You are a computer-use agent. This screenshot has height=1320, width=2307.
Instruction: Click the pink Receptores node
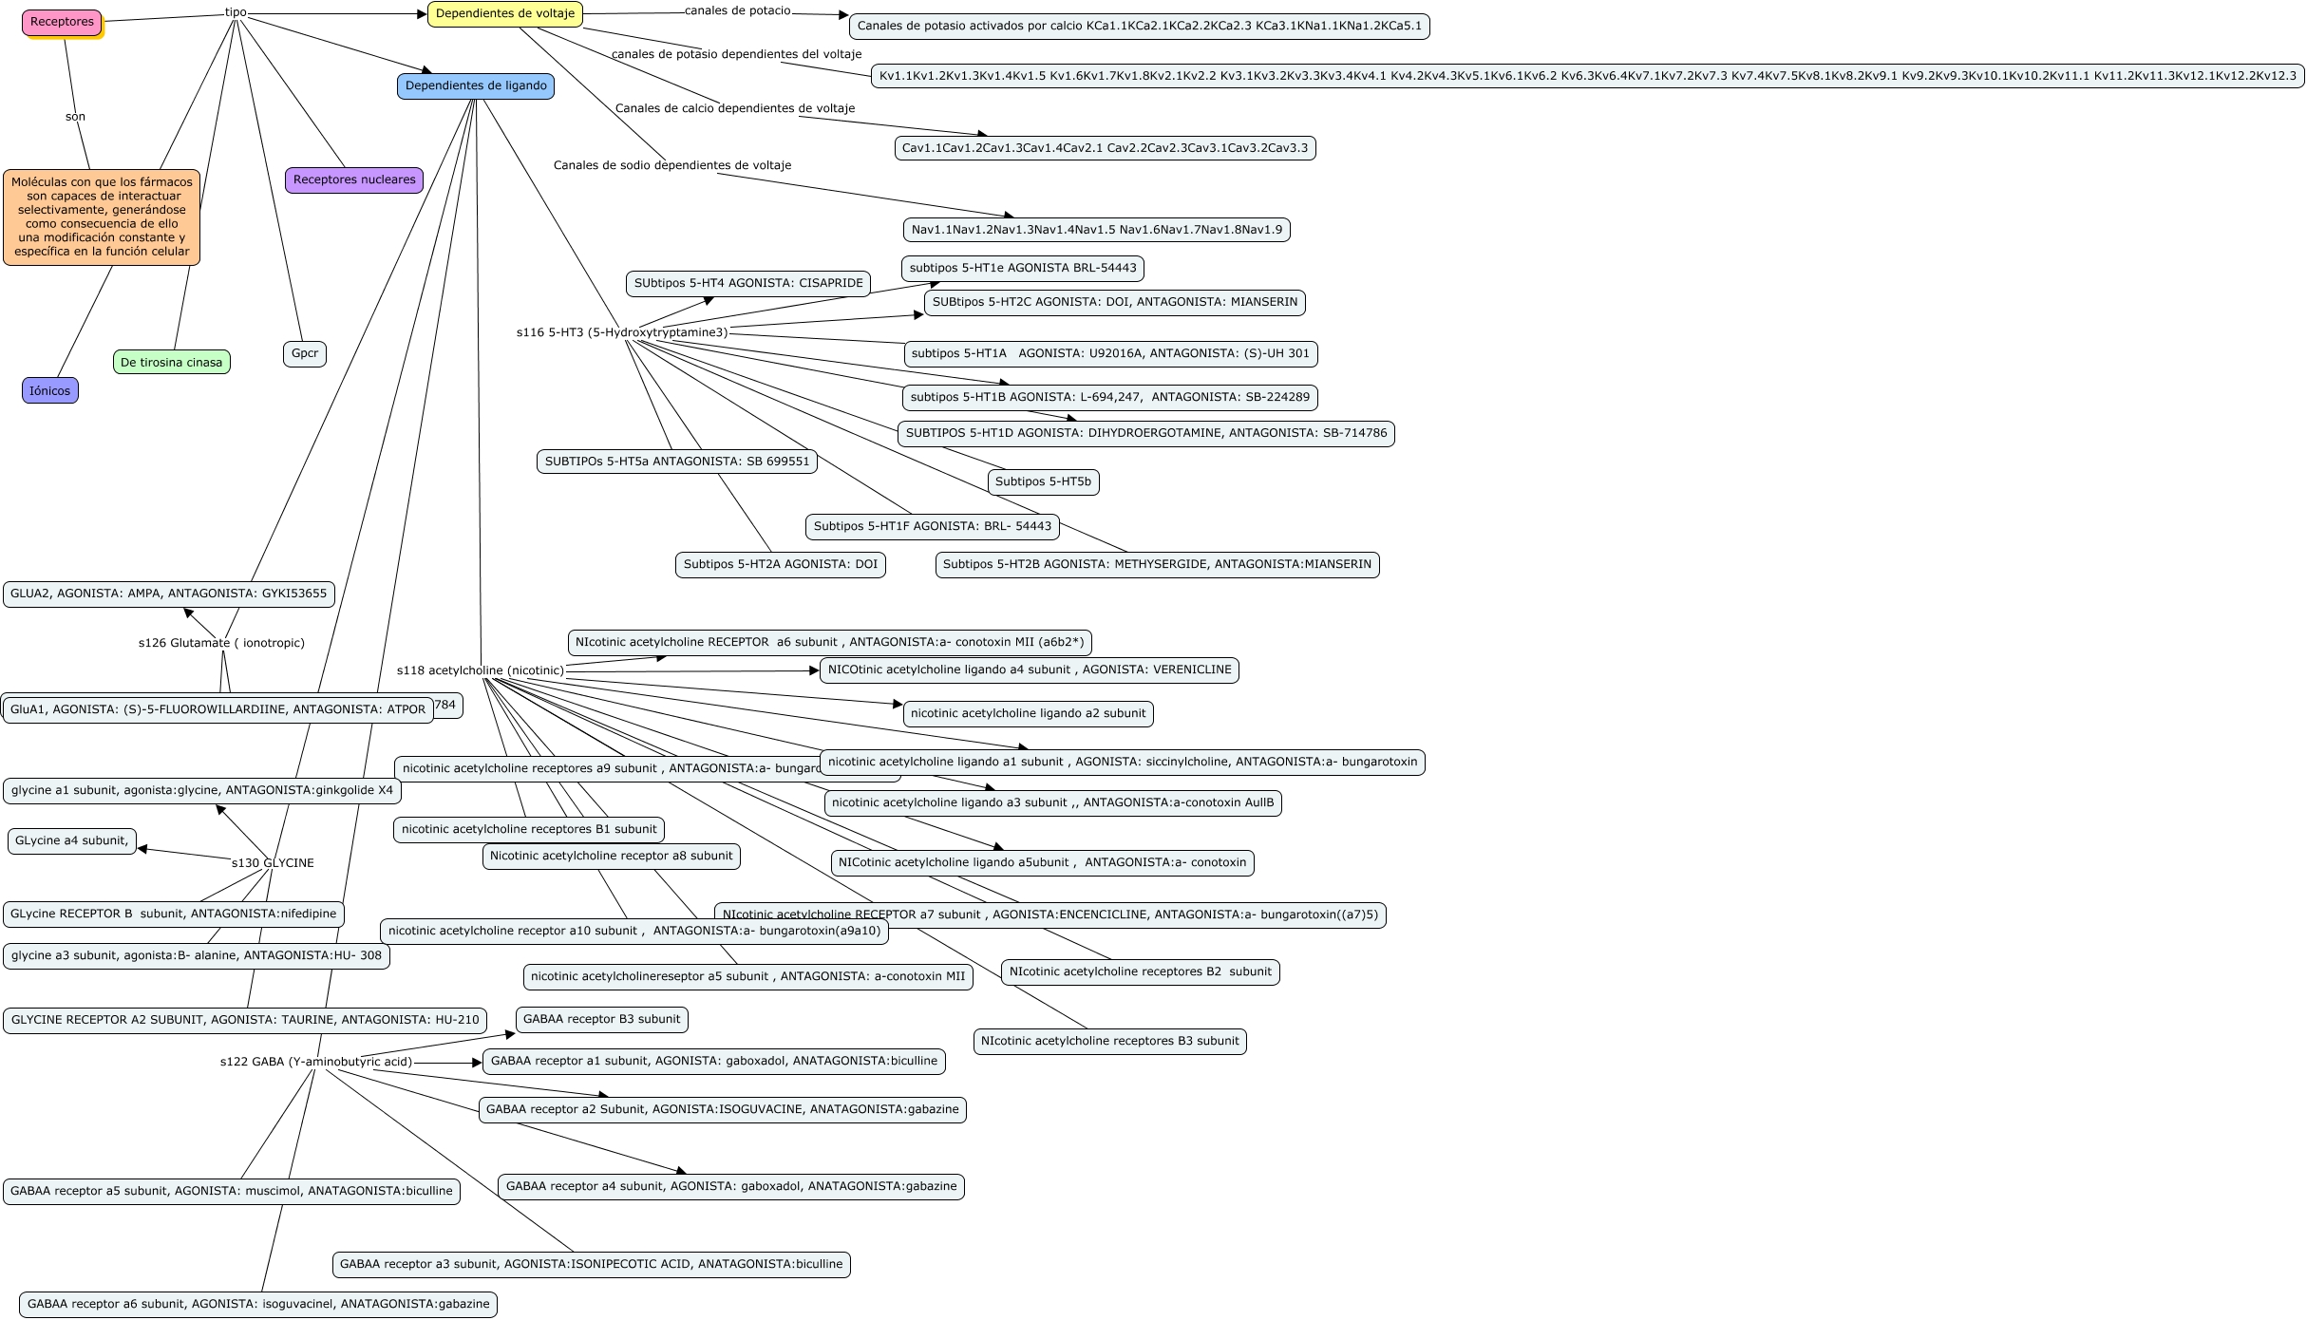(62, 22)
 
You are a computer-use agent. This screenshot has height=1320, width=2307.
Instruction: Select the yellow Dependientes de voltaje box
(504, 14)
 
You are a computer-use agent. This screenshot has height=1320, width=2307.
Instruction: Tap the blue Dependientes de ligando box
(475, 86)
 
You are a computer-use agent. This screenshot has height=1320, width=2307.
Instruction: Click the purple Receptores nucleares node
(354, 179)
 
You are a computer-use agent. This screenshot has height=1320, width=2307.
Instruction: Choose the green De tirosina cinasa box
(171, 362)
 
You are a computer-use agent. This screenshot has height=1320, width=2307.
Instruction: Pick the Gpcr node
(304, 353)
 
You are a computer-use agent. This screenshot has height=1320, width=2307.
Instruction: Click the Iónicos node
(49, 390)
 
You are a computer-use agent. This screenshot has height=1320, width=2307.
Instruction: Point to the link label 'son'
(75, 117)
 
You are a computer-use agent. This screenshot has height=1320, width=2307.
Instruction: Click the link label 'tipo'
(236, 12)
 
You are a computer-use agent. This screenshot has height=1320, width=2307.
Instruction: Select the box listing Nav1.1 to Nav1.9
(1096, 229)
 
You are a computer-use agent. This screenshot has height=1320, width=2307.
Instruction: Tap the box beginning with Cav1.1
(1105, 147)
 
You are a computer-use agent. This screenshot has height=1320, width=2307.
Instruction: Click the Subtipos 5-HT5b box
(1043, 481)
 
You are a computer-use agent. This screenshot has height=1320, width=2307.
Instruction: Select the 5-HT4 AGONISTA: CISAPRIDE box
(748, 283)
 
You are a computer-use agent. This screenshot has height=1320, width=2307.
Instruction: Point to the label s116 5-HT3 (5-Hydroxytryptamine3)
(622, 332)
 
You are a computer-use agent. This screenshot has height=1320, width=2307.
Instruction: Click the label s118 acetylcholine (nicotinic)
(480, 670)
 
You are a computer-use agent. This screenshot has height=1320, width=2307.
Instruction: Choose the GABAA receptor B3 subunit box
(601, 1019)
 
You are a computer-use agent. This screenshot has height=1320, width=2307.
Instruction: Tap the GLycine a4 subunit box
(71, 840)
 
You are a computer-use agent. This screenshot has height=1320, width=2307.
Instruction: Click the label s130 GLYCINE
(273, 863)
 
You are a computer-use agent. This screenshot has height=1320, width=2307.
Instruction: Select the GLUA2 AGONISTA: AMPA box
(168, 594)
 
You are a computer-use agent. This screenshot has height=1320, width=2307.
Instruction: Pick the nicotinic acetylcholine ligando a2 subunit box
(1028, 713)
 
